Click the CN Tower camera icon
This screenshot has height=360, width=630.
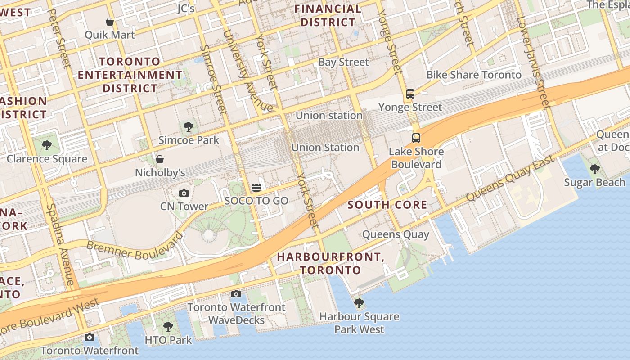(x=184, y=193)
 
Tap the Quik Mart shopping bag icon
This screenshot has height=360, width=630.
(x=109, y=22)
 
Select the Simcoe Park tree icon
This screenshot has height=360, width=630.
(x=189, y=127)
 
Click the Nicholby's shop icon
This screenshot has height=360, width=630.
(x=159, y=159)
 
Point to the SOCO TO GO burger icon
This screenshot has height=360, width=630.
(x=256, y=188)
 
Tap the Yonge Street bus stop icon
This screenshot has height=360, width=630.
(x=410, y=94)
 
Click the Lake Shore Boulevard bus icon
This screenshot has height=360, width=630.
(x=416, y=138)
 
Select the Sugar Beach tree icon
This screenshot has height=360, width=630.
(x=594, y=169)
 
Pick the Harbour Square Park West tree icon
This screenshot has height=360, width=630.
(x=359, y=303)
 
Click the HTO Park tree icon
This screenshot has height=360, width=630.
(x=168, y=327)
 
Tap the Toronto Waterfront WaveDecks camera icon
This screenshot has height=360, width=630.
(x=236, y=294)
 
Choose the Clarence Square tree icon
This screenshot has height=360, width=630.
(x=46, y=145)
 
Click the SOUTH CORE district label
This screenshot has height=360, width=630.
(x=387, y=205)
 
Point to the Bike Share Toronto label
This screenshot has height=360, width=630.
(x=474, y=75)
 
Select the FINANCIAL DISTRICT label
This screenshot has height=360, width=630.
(x=328, y=16)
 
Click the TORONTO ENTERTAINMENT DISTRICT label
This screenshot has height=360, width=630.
(x=130, y=75)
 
